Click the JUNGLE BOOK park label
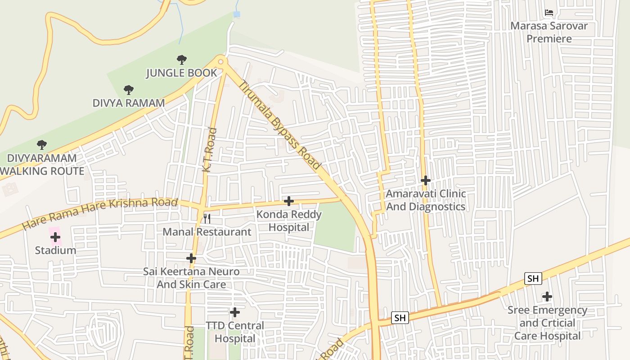click(181, 73)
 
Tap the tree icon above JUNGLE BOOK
click(181, 59)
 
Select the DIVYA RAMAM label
click(129, 103)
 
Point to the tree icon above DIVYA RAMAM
click(129, 90)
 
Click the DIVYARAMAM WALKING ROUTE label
click(42, 165)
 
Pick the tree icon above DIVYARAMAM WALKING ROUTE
click(42, 144)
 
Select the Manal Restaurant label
click(207, 232)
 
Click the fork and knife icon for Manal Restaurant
click(207, 219)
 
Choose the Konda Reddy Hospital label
click(289, 221)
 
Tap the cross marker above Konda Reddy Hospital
click(289, 201)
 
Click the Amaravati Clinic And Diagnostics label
click(426, 200)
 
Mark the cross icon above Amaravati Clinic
click(426, 180)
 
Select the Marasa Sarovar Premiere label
click(549, 32)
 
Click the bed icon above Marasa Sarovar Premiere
click(549, 12)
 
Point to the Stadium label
click(55, 251)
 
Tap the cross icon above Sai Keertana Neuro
click(191, 258)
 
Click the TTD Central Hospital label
click(235, 332)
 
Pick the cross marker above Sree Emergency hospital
click(547, 297)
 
